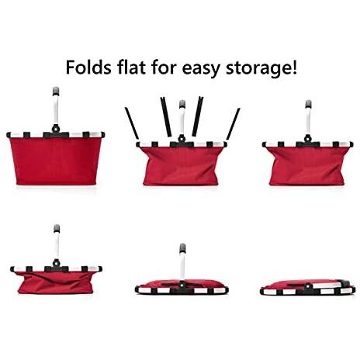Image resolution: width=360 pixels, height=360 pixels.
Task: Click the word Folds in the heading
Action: pos(88,67)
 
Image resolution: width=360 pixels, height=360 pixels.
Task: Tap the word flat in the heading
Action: pos(131,67)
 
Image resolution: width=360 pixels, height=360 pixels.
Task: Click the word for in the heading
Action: pos(164,67)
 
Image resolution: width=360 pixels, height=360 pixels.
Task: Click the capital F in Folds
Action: pos(71,67)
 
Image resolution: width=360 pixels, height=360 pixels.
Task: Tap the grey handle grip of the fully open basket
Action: pos(56,92)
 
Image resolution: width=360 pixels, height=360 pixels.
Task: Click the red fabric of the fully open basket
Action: pos(56,161)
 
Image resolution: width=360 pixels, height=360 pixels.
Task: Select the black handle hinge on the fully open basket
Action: pos(56,129)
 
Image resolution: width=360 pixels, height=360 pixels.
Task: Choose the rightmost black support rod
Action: pos(233,124)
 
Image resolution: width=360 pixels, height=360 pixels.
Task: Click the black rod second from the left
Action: pos(166,116)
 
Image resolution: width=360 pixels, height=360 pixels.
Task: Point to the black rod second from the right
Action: pos(198,116)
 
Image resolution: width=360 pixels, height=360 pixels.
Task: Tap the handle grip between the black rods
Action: pos(182,104)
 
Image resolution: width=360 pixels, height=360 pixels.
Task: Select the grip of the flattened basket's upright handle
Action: pos(182,247)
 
